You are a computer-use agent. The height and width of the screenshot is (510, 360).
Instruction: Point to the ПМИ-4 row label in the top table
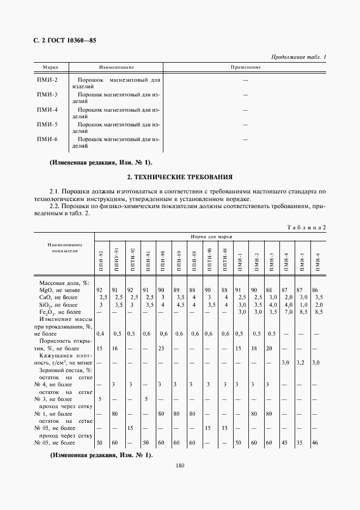point(47,110)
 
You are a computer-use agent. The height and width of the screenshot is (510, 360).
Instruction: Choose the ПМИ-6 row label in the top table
point(47,139)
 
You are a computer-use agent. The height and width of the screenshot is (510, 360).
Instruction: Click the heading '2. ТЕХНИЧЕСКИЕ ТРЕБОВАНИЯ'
point(180,177)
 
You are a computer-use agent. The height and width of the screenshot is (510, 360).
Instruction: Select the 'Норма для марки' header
point(211,237)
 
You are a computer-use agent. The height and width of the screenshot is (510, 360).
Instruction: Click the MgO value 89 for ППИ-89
point(176,290)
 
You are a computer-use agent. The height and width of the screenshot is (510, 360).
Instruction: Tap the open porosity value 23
point(161,348)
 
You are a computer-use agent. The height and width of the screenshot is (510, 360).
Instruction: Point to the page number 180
point(180,466)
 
